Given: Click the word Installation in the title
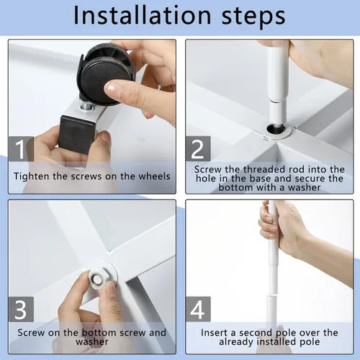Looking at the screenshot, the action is [143, 16].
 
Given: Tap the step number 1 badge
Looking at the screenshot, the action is [21, 149].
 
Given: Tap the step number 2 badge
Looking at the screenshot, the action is [198, 149].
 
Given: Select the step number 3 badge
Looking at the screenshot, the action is [21, 309].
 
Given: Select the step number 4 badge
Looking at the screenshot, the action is [198, 309].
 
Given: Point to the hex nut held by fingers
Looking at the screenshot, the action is [98, 279].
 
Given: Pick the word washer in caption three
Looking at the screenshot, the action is [92, 342].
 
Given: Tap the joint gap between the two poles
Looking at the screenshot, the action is [272, 294].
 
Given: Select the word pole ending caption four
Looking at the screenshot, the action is [310, 342].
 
